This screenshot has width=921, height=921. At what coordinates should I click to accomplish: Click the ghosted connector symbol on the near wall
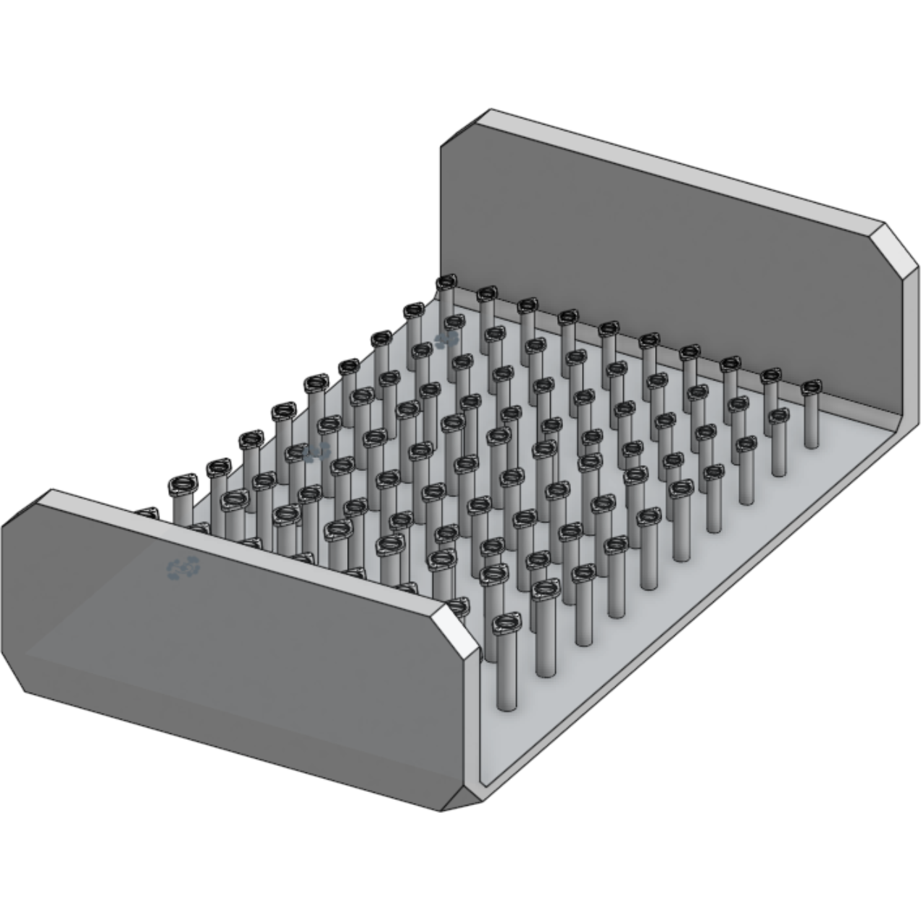coord(183,568)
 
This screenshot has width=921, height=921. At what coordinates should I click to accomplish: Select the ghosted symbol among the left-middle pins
coord(317,453)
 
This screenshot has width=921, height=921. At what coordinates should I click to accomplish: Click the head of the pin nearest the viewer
coord(507,623)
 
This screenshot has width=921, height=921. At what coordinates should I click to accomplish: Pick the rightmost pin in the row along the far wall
coord(812,388)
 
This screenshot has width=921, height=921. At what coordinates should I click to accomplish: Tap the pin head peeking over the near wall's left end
coord(147,514)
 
